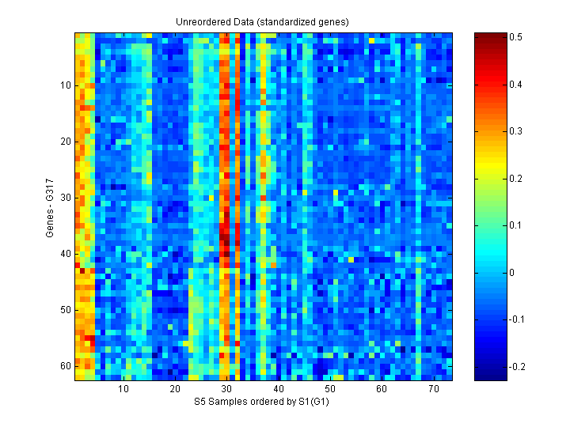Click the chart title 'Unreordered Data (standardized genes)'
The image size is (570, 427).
point(262,21)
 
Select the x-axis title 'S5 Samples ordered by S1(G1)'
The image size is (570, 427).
point(262,402)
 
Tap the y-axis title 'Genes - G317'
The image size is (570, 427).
point(50,206)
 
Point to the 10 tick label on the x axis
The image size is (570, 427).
point(123,390)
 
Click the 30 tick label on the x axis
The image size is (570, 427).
point(226,390)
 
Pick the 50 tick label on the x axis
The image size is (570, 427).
point(330,390)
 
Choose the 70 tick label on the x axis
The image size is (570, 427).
point(433,390)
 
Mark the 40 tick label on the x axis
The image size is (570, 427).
point(279,390)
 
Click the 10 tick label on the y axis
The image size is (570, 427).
point(65,85)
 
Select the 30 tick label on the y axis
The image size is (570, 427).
point(65,198)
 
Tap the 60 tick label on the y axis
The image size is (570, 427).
point(65,366)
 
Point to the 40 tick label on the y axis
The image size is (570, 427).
point(65,254)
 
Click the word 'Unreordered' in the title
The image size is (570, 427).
point(201,21)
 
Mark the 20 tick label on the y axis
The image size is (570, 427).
point(65,142)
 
